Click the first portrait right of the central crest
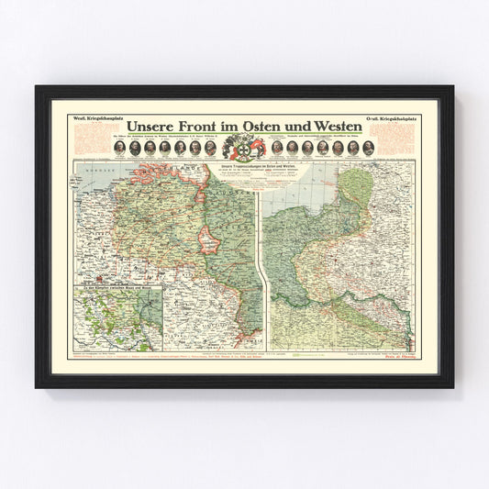click(x=274, y=148)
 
